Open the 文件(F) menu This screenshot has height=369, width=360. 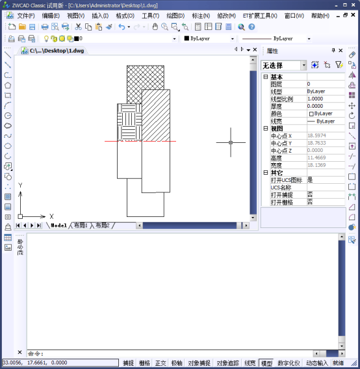26,16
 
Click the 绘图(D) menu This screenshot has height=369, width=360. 175,16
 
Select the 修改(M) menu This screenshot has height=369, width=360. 227,16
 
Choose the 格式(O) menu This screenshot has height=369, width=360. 125,16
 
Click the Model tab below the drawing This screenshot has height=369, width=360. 59,225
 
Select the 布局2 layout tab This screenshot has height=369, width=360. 103,225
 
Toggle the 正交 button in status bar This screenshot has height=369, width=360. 161,363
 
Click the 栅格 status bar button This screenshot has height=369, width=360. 145,363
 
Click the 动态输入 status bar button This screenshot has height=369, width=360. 317,363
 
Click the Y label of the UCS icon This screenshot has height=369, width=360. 21,186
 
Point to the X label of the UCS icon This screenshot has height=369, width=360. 51,216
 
